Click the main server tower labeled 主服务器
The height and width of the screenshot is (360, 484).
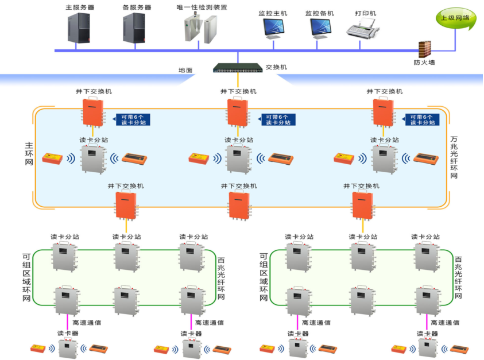[x=79, y=28]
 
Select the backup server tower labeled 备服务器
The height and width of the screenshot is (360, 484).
[x=134, y=28]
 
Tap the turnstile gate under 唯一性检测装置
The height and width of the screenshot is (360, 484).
[x=200, y=29]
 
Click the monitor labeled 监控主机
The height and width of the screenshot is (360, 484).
[x=273, y=28]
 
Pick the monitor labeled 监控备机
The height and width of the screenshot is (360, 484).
[x=320, y=28]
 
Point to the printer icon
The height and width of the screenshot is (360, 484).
[x=363, y=28]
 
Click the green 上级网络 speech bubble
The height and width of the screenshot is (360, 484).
[x=456, y=18]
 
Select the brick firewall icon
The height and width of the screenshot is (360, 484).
[x=425, y=49]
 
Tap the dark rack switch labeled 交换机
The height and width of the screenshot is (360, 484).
[x=238, y=68]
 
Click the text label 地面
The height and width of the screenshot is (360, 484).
[x=185, y=71]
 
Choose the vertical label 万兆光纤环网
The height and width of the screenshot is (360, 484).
[x=454, y=157]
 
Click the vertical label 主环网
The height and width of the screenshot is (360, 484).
[x=29, y=153]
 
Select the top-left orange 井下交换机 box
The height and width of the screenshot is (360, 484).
[x=93, y=112]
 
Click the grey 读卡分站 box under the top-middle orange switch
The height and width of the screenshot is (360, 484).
[x=238, y=159]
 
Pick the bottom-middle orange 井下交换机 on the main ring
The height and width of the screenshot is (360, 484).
[x=239, y=205]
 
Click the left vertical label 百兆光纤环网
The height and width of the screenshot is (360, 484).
[x=221, y=278]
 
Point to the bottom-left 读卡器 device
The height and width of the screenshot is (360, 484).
[x=68, y=349]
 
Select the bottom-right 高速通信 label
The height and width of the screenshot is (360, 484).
[x=445, y=323]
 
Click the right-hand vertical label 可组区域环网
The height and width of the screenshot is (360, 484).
[x=264, y=277]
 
